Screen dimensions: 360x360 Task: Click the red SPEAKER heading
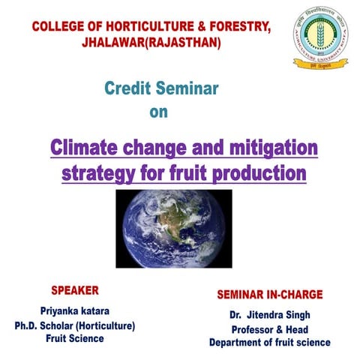click(x=74, y=289)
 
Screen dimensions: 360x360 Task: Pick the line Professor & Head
click(x=269, y=329)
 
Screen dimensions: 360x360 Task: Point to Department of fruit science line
click(x=269, y=343)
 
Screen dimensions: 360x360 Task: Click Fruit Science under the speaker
click(x=74, y=338)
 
